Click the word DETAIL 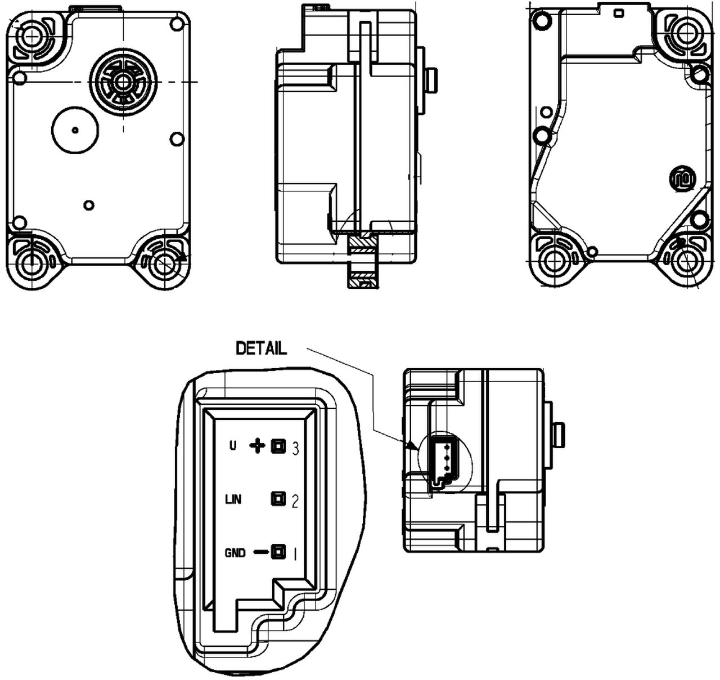coord(261,348)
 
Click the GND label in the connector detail coord(235,553)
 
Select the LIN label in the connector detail coord(233,499)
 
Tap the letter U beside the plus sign coord(233,446)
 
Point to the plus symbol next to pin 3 coord(257,446)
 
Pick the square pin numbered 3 coord(278,446)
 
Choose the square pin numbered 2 coord(278,499)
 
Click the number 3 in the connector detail coord(295,448)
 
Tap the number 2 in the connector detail coord(295,501)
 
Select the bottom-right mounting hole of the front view coord(164,262)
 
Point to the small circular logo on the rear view coord(682,179)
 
